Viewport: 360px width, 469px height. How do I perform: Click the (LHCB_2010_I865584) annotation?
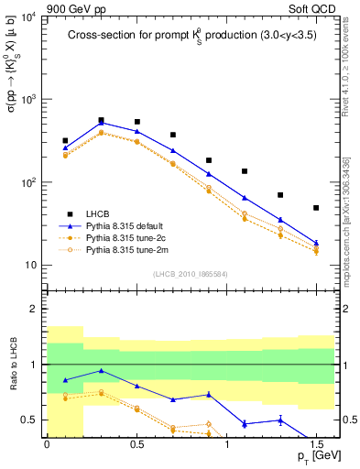[191, 272]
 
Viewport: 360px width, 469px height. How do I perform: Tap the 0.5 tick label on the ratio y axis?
[29, 420]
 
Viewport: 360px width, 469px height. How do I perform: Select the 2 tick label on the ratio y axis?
[35, 309]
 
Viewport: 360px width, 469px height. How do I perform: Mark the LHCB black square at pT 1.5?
[316, 208]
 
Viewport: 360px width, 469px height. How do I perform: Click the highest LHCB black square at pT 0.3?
[101, 120]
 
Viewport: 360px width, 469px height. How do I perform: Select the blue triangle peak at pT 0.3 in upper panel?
[101, 123]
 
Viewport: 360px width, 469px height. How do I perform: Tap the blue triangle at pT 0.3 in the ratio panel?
[101, 371]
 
